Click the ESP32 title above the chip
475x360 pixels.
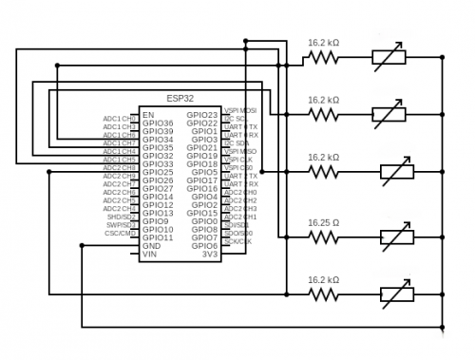180,98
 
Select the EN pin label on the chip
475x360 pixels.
148,115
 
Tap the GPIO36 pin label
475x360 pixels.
158,123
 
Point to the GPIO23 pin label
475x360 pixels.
202,115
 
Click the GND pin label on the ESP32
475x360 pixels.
151,246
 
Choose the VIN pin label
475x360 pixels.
149,255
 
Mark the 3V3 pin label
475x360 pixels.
210,255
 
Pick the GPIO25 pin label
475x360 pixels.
158,173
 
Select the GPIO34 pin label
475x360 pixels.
158,140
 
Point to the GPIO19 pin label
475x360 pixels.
202,156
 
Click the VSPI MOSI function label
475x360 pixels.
239,110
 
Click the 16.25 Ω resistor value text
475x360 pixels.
323,222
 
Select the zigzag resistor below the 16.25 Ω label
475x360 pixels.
323,237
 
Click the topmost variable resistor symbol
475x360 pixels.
390,58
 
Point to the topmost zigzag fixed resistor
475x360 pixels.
323,58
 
